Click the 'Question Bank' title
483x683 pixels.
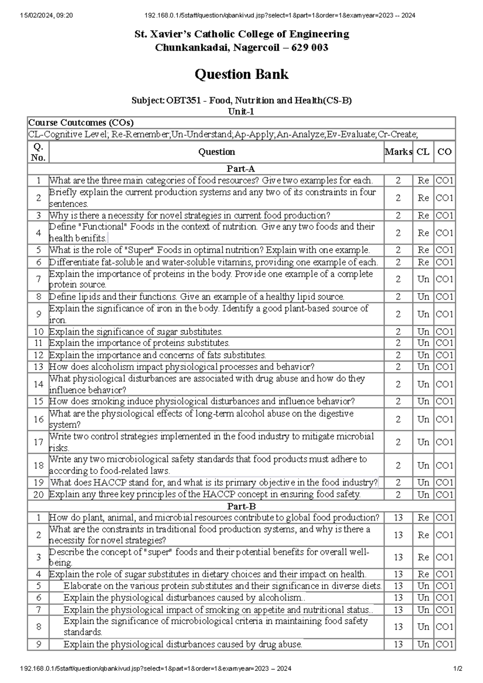tap(242, 74)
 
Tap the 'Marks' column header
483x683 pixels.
tap(398, 152)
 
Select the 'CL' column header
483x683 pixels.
tap(423, 152)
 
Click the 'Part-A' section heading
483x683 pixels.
tap(241, 169)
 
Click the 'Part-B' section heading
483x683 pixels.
tap(241, 506)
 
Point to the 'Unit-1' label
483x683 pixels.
tap(241, 111)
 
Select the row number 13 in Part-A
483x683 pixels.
tap(38, 367)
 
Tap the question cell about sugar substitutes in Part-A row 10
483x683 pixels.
tap(136, 332)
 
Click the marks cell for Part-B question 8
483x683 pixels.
tap(398, 627)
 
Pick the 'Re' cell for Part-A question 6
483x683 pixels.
tap(423, 262)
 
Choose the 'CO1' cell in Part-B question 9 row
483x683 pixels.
tap(444, 644)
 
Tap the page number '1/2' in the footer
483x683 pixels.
tap(458, 669)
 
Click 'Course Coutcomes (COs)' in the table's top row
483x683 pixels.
tap(80, 123)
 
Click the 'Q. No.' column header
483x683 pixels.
tap(38, 152)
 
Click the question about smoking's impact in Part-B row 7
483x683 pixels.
tap(218, 610)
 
